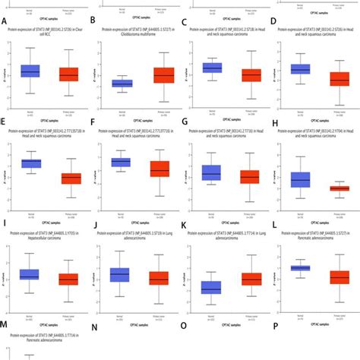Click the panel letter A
coord(5,21)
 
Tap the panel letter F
coord(93,122)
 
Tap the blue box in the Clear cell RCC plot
coord(30,71)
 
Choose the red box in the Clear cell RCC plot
coord(68,74)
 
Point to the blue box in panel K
coord(210,287)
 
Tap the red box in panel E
coord(71,178)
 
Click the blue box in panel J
coord(119,274)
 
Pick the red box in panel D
coord(339,78)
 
